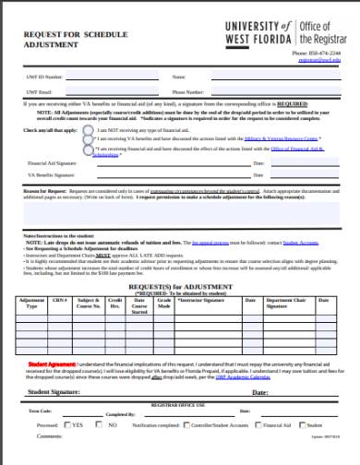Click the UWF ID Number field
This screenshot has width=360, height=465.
[x=111, y=77]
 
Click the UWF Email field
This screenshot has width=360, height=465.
[x=111, y=92]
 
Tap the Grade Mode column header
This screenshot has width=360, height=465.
[x=162, y=305]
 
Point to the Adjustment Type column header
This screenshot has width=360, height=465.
[x=30, y=305]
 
